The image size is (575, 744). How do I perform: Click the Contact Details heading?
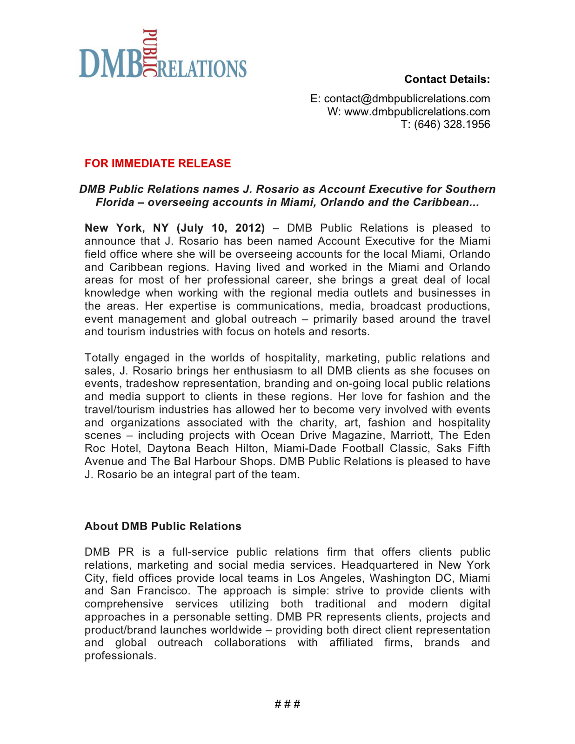pos(447,80)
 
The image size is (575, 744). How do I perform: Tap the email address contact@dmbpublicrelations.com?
pos(407,99)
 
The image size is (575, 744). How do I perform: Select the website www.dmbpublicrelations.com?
pos(417,112)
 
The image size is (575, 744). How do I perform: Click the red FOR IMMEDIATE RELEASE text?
pos(158,164)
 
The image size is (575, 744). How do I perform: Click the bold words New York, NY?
pos(124,228)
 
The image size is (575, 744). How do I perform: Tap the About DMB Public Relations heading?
pos(163,526)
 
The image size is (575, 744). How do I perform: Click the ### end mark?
pos(287,704)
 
